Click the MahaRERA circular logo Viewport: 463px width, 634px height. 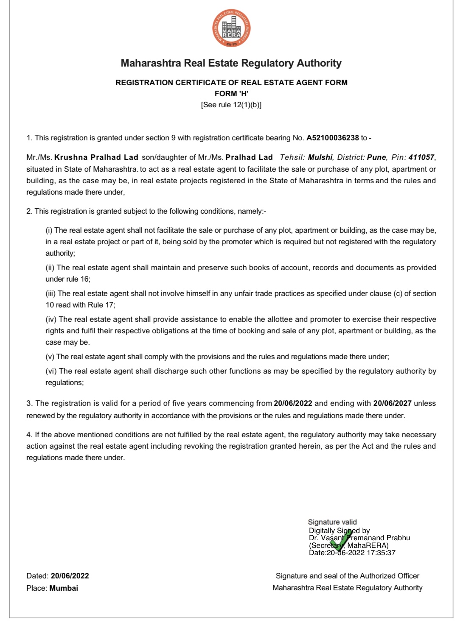click(x=231, y=28)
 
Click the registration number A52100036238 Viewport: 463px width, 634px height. click(x=333, y=138)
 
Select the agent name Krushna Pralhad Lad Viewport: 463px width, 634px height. click(x=96, y=157)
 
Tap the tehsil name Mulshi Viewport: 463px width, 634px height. click(x=320, y=157)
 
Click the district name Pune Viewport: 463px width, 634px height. click(x=376, y=157)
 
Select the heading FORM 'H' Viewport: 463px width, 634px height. click(x=231, y=94)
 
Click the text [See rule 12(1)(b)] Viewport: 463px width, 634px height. click(x=231, y=105)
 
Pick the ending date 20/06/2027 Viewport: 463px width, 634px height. click(x=392, y=403)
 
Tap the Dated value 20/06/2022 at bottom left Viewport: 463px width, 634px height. click(x=70, y=576)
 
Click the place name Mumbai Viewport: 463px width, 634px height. click(x=64, y=588)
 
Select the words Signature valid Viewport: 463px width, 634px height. click(x=332, y=522)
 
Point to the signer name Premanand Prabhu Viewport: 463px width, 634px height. click(x=379, y=538)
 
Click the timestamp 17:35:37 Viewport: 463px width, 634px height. click(x=381, y=553)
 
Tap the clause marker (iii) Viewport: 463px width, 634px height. click(x=51, y=293)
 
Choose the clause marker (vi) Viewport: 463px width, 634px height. click(x=51, y=371)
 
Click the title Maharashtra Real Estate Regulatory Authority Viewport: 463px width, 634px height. click(x=231, y=63)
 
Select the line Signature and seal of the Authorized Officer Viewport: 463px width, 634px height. click(x=347, y=576)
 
